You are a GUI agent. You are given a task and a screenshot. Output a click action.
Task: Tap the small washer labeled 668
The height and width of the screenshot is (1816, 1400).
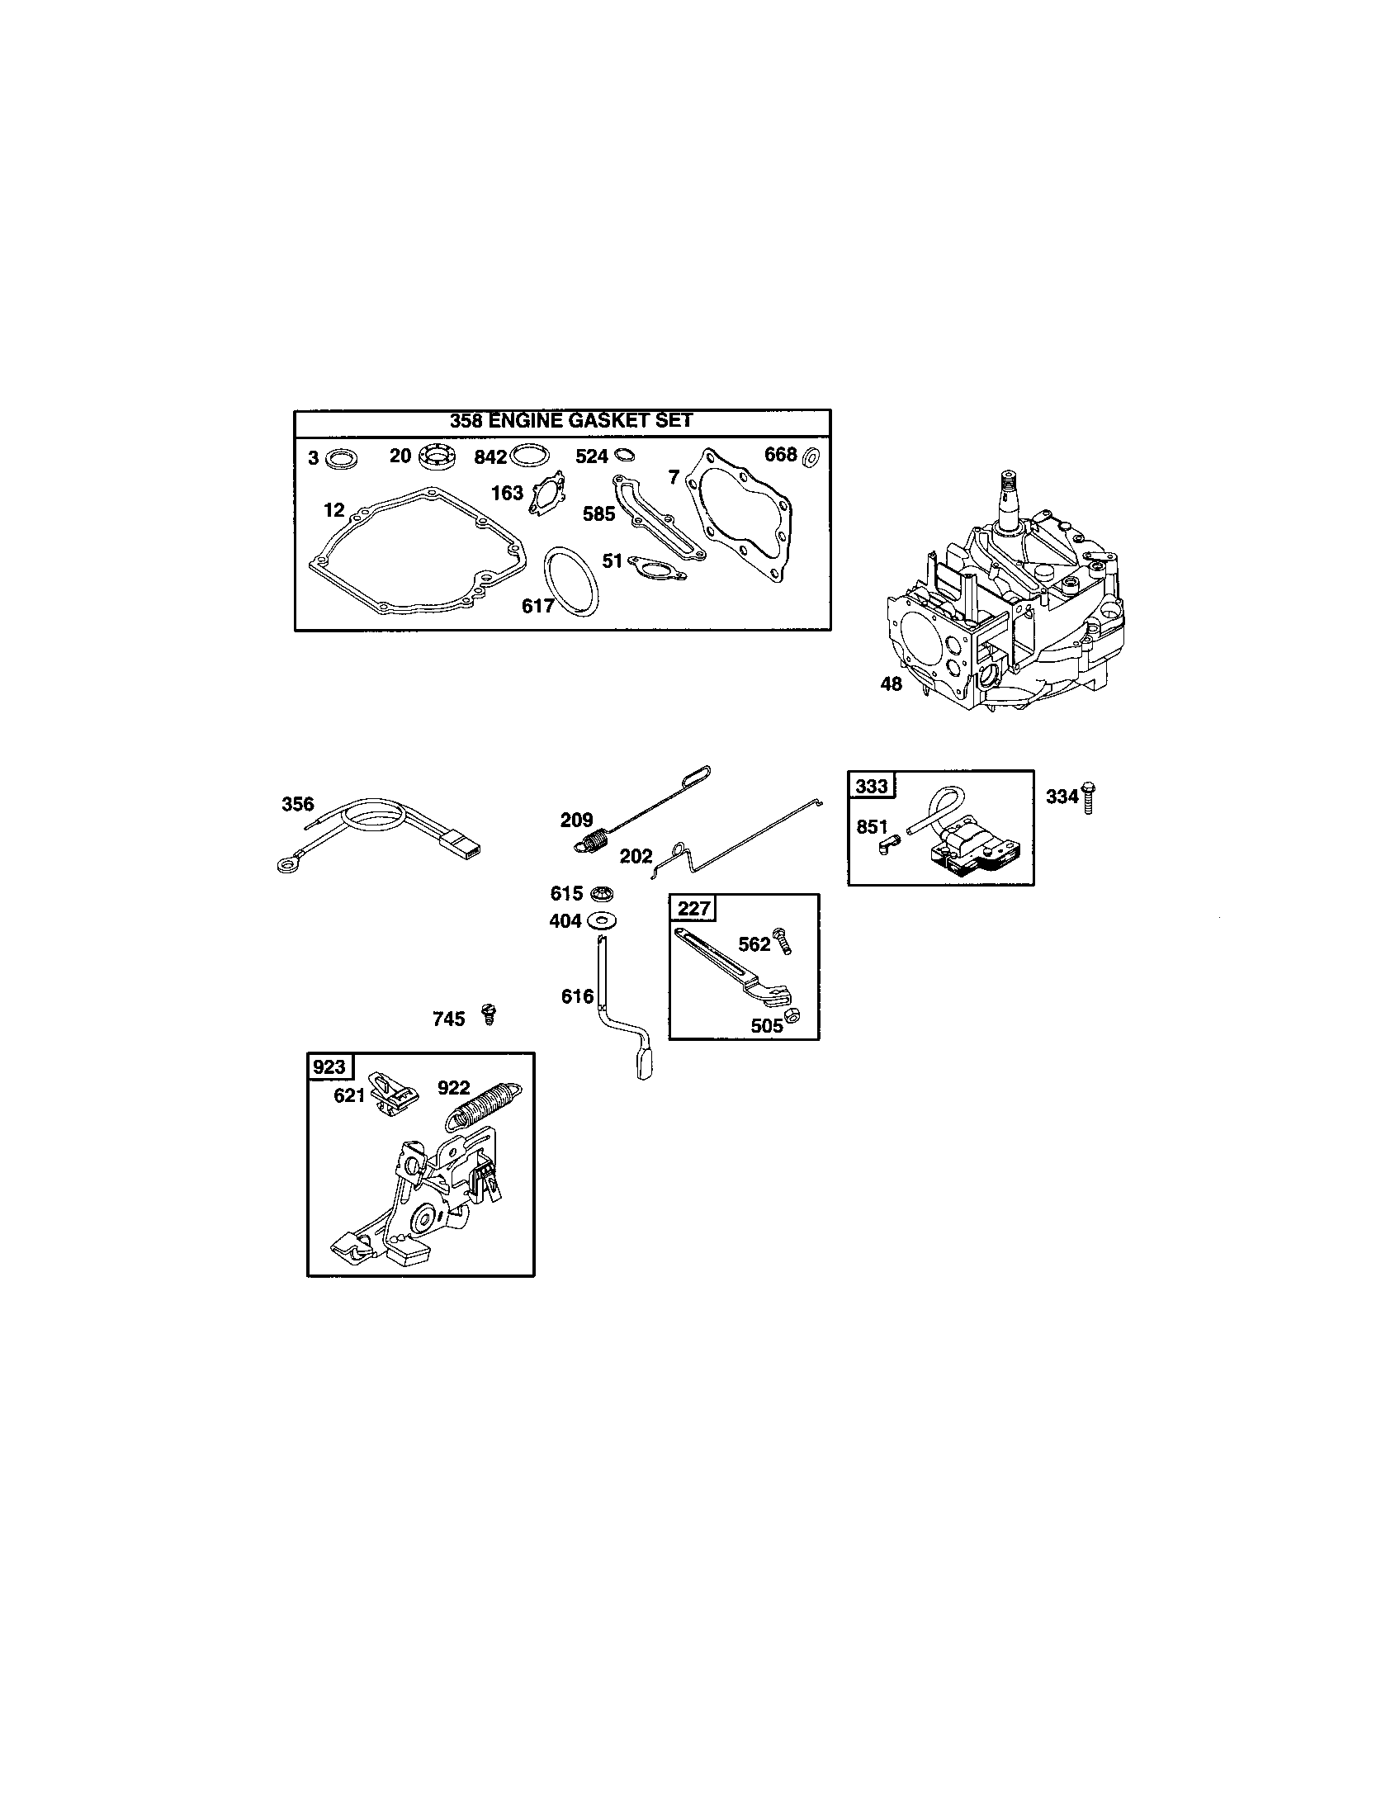812,456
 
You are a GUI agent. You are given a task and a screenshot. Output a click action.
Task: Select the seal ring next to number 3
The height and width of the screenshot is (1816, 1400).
341,458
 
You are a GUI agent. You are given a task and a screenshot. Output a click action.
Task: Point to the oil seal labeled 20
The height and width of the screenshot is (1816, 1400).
437,456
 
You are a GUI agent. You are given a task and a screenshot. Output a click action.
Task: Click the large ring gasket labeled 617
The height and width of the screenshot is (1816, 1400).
572,581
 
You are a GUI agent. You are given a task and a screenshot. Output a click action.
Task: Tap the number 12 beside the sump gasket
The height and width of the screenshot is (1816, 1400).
333,508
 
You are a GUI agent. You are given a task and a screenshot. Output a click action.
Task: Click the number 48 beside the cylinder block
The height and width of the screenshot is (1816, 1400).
891,684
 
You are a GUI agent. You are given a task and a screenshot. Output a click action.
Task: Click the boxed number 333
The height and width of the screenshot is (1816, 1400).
871,786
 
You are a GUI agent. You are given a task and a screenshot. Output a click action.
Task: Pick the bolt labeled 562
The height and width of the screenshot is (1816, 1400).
783,941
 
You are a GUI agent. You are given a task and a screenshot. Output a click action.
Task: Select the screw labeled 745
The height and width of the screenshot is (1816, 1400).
489,1014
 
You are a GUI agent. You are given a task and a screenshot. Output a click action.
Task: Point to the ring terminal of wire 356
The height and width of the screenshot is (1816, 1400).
285,866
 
